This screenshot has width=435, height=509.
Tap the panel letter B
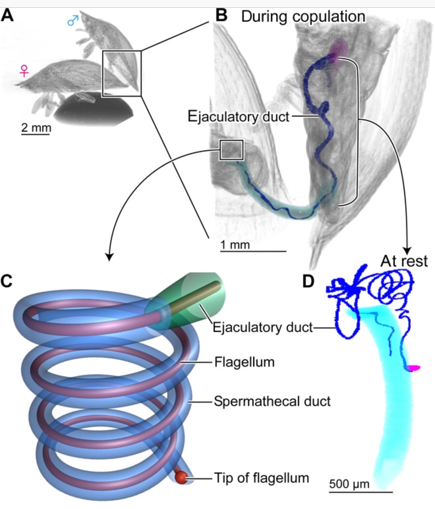(x=221, y=16)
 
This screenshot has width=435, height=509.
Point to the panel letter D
(x=308, y=281)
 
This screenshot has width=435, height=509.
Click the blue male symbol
(x=73, y=21)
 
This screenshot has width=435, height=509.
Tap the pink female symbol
(x=24, y=71)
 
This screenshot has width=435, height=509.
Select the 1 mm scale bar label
(x=235, y=244)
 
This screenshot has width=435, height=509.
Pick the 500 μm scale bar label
(x=349, y=484)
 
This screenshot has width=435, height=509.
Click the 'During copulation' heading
(x=303, y=16)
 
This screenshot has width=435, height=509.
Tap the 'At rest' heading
(x=404, y=261)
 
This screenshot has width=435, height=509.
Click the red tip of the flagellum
(x=181, y=477)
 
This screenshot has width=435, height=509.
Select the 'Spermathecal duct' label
(x=272, y=401)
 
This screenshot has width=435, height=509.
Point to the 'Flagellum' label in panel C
(x=244, y=362)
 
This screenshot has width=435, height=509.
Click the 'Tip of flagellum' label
(x=261, y=478)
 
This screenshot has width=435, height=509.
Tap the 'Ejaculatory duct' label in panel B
(x=239, y=117)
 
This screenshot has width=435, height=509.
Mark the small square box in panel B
(x=231, y=150)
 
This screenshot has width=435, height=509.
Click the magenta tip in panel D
(x=414, y=368)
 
